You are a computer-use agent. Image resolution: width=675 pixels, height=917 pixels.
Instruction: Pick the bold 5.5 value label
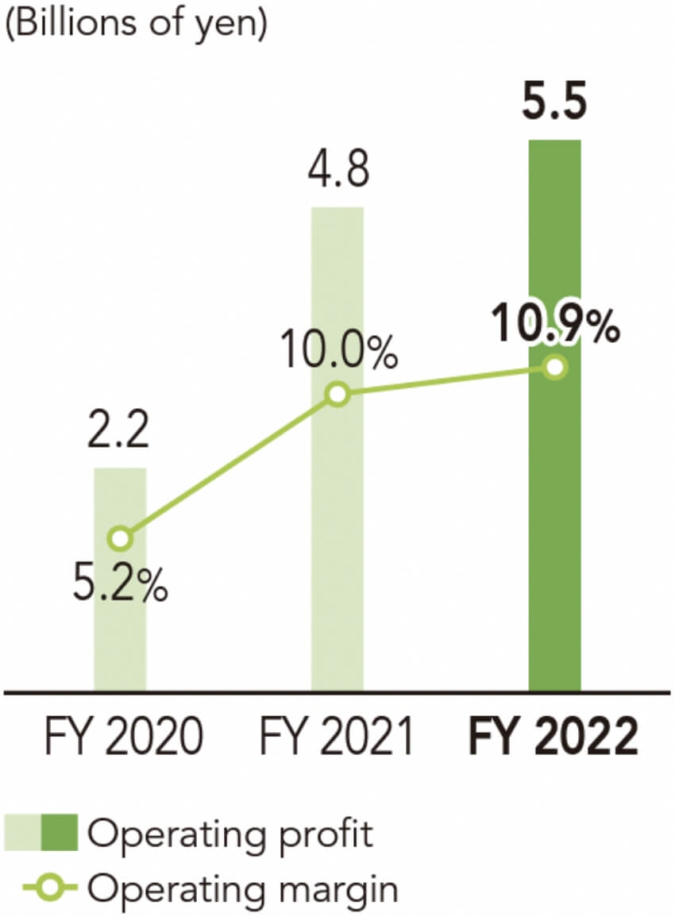(555, 106)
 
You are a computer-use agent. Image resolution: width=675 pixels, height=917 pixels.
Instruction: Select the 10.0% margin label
(338, 354)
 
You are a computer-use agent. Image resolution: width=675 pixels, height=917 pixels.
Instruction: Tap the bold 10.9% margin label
(555, 326)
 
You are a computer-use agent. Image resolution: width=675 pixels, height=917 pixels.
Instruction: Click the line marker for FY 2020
(120, 539)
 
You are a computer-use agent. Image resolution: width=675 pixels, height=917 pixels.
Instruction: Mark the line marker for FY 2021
(337, 395)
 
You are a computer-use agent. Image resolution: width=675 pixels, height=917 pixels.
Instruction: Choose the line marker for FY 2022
(555, 367)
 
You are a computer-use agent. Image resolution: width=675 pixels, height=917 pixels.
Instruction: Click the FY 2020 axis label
(120, 738)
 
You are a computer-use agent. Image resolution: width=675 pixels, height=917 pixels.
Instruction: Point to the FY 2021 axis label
(337, 738)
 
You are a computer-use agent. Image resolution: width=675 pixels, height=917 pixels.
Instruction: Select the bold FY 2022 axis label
(554, 738)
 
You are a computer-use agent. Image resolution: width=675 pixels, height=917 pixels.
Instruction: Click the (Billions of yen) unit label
(137, 23)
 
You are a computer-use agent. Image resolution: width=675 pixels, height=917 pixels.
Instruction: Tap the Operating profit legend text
(230, 834)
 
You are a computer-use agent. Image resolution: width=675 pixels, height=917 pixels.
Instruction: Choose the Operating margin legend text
(242, 888)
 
